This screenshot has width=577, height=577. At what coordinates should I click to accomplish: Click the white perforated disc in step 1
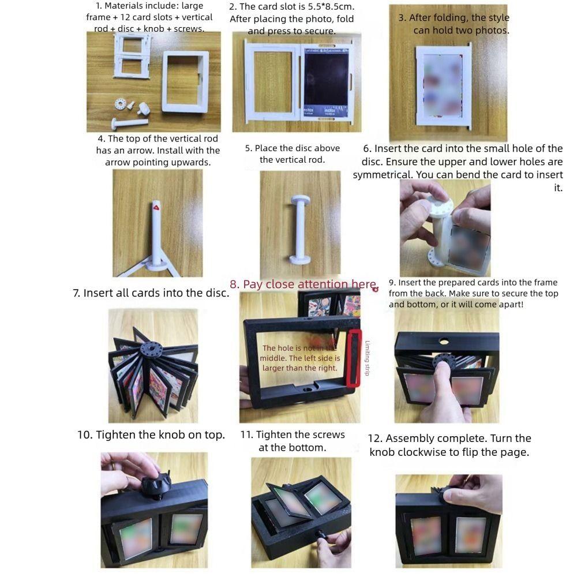coord(121,104)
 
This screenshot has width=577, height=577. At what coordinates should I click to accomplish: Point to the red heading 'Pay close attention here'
coord(303,284)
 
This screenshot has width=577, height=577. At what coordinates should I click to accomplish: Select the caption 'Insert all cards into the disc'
coord(151,293)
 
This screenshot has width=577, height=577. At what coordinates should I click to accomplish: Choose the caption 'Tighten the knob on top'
coord(151,435)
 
